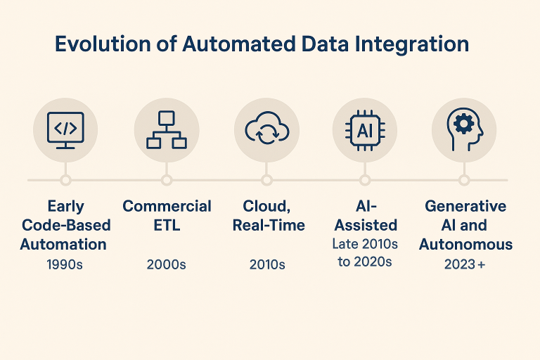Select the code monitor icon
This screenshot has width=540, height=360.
65,129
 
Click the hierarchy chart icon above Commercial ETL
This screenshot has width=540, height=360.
167,129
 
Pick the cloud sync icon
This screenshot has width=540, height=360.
266,129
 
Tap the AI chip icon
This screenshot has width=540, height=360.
365,129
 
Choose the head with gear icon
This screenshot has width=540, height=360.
464,129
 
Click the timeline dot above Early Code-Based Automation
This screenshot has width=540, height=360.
65,180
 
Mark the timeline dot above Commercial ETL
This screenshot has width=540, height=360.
167,180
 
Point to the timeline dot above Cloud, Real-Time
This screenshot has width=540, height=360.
266,180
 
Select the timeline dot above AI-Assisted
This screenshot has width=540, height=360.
365,180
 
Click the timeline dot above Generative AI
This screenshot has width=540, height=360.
464,180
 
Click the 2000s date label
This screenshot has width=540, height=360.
167,265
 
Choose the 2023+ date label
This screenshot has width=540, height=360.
465,265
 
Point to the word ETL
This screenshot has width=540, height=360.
167,226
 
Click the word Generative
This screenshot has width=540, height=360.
465,206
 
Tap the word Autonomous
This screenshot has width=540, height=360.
465,245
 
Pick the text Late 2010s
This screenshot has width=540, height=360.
365,244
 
